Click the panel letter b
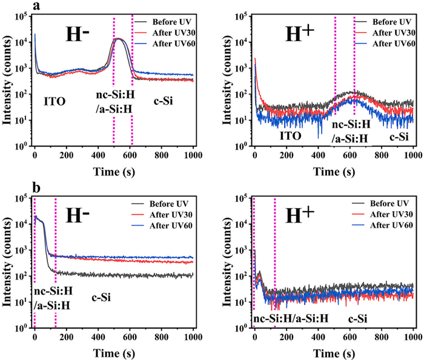click(38, 188)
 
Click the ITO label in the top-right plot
click(290, 119)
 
